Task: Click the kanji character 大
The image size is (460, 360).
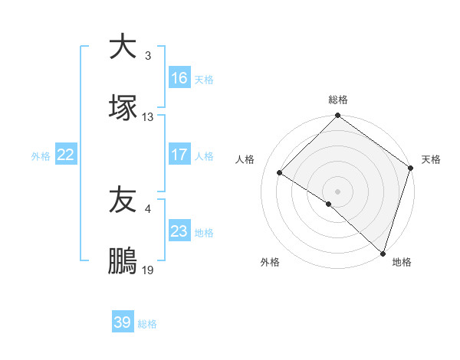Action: tap(122, 47)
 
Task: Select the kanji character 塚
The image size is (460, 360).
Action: tap(122, 108)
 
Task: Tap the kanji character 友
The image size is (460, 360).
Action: tap(122, 200)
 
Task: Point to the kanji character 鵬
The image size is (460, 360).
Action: tap(122, 261)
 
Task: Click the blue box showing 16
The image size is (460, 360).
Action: tap(179, 78)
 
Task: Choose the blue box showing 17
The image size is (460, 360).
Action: tap(179, 155)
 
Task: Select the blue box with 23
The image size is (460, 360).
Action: tap(179, 231)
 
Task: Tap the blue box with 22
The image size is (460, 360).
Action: tap(66, 155)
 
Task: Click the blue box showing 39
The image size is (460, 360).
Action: tap(123, 323)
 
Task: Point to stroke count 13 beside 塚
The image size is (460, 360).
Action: tap(148, 117)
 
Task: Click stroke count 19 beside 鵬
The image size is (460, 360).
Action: tap(148, 270)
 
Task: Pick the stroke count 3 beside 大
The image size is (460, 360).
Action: tap(148, 56)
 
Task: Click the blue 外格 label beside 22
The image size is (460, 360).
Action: tap(41, 155)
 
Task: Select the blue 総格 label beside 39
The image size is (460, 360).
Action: tap(147, 324)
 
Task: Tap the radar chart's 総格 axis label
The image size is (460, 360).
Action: tap(338, 100)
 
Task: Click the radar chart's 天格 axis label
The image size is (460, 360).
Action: tap(431, 159)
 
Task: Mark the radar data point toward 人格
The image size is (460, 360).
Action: tap(280, 172)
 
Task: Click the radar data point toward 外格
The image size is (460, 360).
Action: tap(329, 204)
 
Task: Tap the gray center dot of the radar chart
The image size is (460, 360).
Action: tap(338, 191)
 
